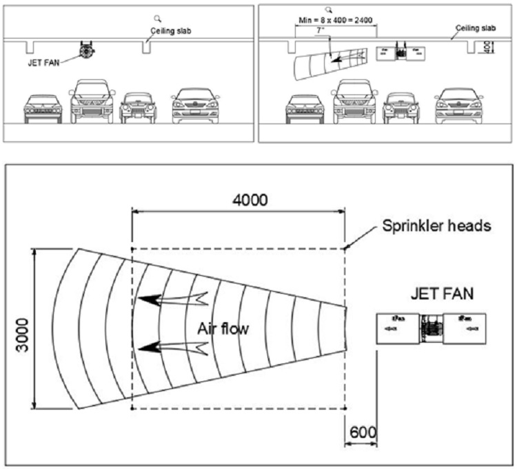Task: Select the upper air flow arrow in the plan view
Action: coord(172,299)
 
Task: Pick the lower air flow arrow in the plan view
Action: coord(172,348)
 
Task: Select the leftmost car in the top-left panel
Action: coord(43,109)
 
